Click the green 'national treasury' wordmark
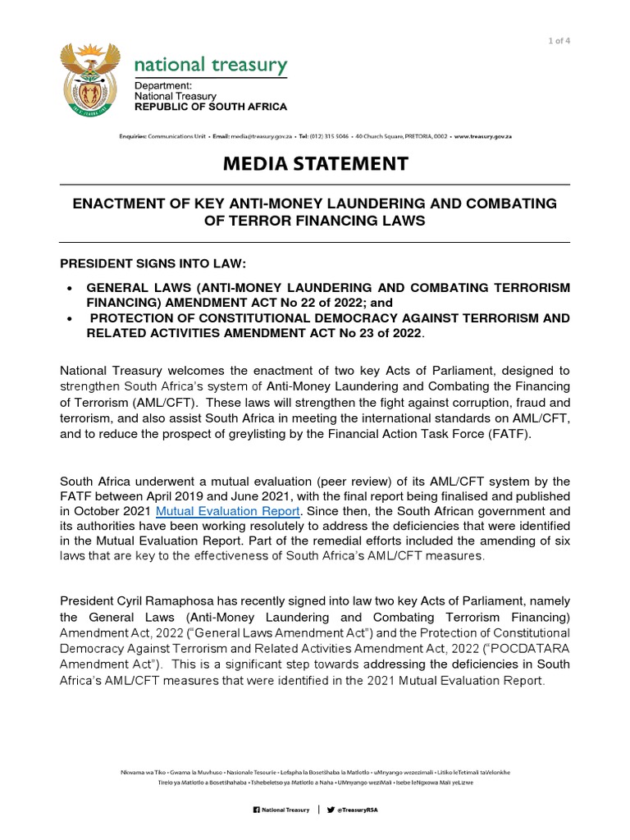pyautogui.click(x=210, y=65)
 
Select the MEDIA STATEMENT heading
pyautogui.click(x=315, y=163)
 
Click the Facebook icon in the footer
pyautogui.click(x=255, y=810)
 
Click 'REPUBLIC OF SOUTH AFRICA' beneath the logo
pyautogui.click(x=211, y=107)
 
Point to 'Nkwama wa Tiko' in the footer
pyautogui.click(x=144, y=772)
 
